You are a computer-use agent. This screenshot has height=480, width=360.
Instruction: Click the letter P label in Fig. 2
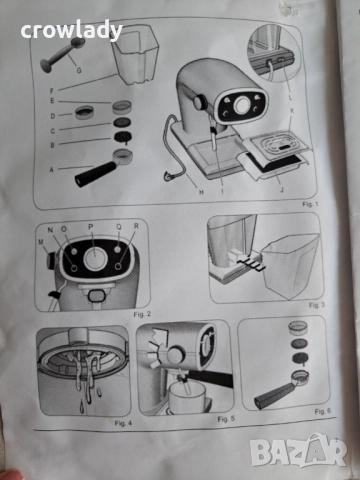90,226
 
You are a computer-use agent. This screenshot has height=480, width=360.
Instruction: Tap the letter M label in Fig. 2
42,240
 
